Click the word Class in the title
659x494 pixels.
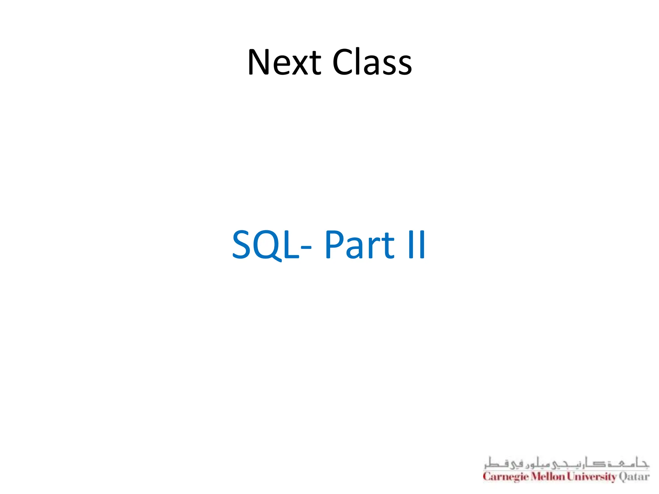(372, 62)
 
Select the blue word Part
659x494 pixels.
(359, 245)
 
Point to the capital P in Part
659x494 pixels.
(334, 245)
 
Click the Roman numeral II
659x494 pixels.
(417, 245)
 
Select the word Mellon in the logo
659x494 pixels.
(548, 476)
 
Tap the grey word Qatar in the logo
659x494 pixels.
(634, 476)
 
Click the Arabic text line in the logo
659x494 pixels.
(566, 463)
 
